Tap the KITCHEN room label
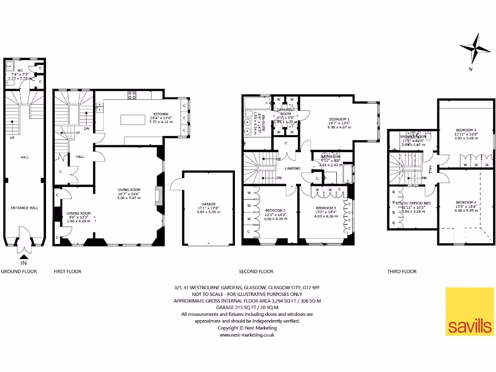click(x=161, y=114)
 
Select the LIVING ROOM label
click(x=129, y=190)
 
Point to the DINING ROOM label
click(x=78, y=213)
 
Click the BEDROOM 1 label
click(x=339, y=119)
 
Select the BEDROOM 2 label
click(x=275, y=210)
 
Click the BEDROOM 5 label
click(x=466, y=130)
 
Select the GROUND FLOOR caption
click(x=19, y=272)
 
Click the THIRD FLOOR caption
click(x=402, y=272)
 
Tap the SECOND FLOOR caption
click(x=256, y=272)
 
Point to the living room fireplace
click(x=157, y=196)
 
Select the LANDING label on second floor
click(x=293, y=169)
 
